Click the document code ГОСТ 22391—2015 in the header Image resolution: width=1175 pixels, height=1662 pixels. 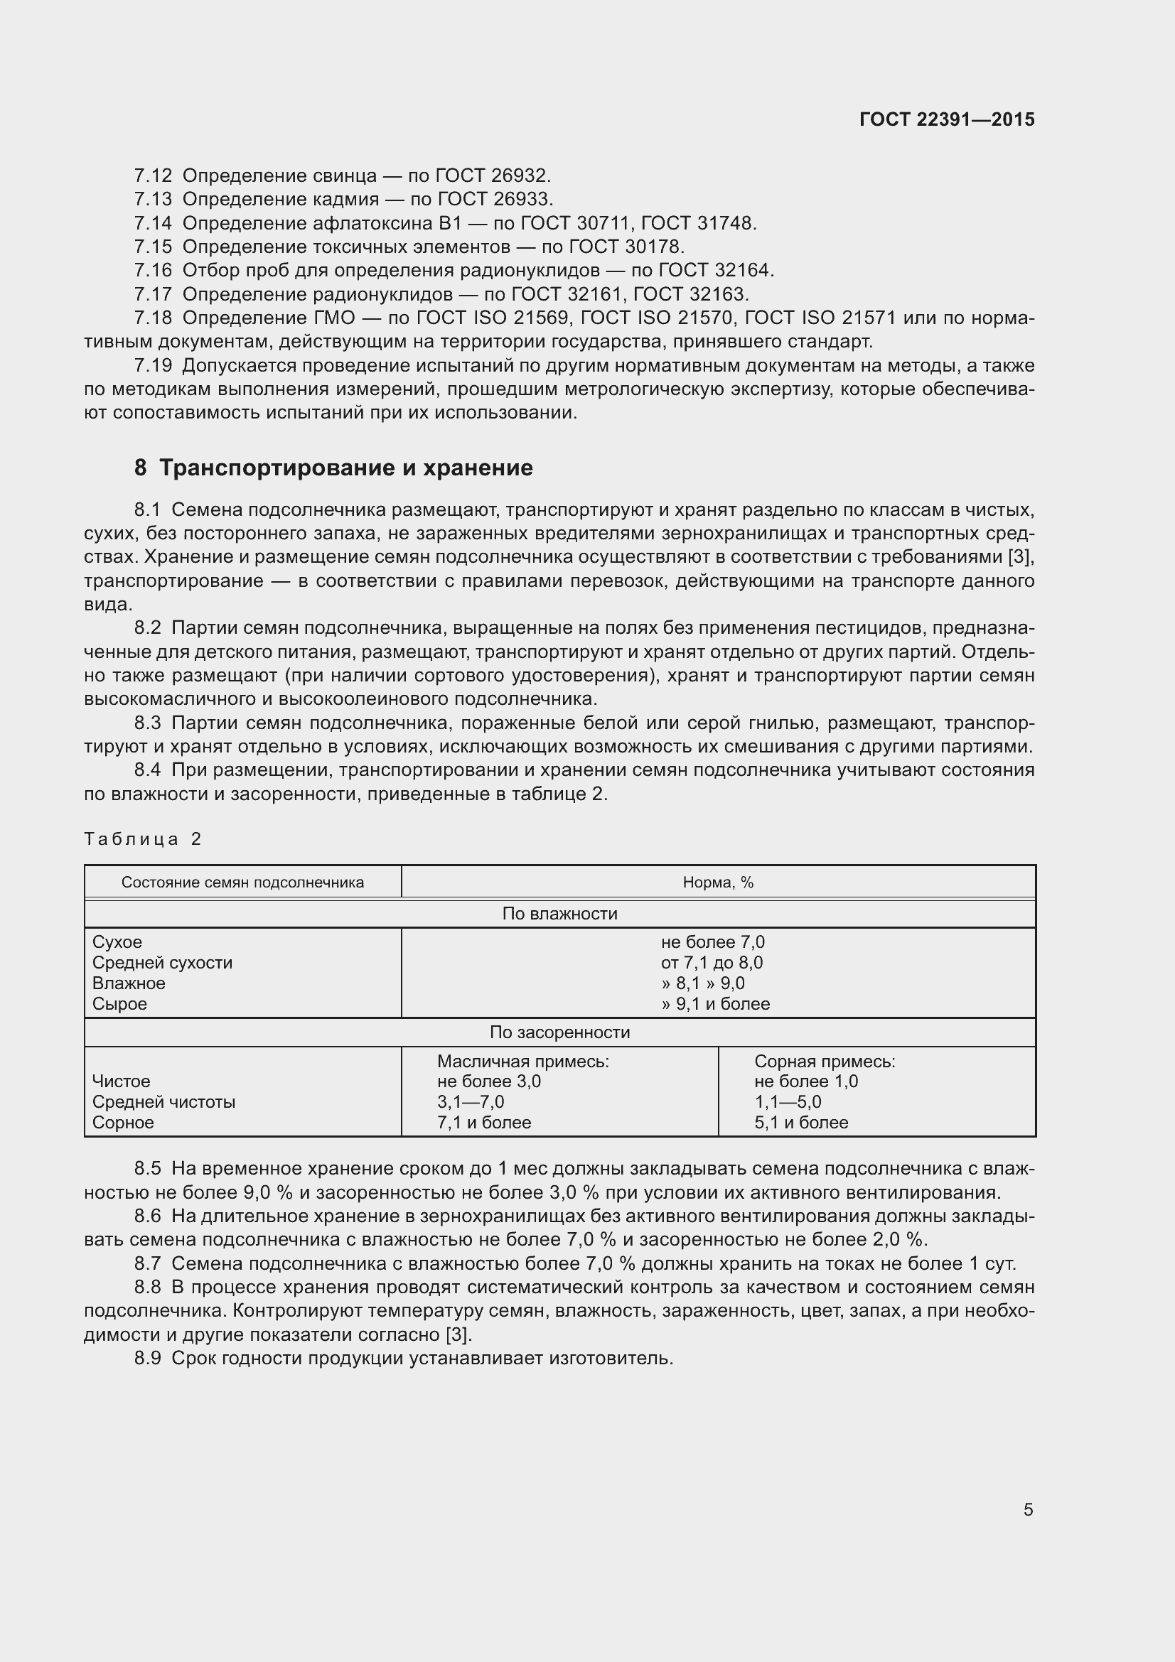point(946,119)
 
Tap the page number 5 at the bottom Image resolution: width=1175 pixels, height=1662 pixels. point(1028,1509)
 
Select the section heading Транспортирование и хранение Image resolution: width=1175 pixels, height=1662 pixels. point(345,468)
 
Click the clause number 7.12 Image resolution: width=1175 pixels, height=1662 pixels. point(153,176)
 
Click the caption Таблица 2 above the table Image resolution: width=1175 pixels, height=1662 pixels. point(143,839)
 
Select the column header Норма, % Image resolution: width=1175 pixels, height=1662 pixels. point(717,883)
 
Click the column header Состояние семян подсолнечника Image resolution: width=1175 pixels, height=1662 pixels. point(242,883)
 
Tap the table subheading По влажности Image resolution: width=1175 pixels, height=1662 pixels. point(559,914)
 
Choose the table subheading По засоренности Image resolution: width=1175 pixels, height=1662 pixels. point(559,1032)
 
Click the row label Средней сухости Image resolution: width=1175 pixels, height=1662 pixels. point(162,963)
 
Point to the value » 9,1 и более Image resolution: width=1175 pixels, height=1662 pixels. point(714,1004)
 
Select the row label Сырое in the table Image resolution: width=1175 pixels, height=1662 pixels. point(119,1004)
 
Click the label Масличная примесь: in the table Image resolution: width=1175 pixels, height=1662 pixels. point(522,1061)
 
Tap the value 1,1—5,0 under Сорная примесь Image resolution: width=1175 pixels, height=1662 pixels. point(787,1102)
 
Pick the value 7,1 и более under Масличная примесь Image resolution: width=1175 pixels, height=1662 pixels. point(483,1123)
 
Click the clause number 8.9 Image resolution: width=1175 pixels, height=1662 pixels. point(148,1358)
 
